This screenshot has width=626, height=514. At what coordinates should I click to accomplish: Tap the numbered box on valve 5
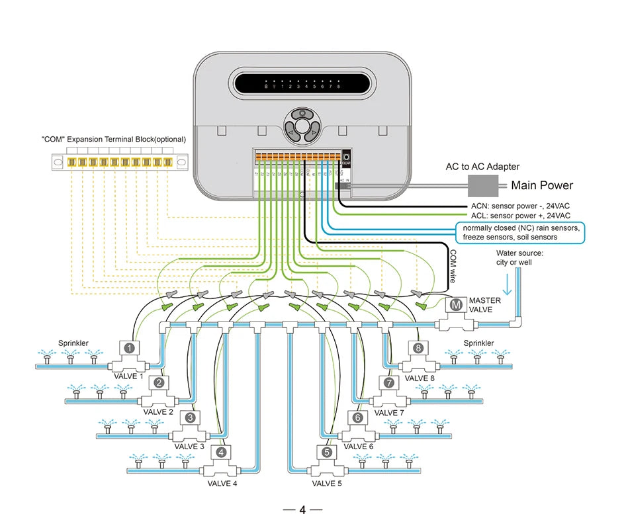[326, 453]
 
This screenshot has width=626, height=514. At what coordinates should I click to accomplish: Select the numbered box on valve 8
[418, 347]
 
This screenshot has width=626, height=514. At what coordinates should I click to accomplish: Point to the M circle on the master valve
[455, 305]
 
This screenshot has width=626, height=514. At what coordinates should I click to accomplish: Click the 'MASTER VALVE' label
[484, 305]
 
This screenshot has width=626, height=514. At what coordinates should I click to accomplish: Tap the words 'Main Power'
[542, 185]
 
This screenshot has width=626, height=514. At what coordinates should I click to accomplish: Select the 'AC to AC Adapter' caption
[482, 167]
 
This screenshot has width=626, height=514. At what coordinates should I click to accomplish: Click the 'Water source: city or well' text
[519, 258]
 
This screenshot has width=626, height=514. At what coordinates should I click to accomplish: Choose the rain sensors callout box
[520, 232]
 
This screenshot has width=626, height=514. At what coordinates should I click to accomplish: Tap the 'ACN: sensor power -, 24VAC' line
[520, 205]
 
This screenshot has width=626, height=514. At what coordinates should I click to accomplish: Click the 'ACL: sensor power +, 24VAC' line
[520, 215]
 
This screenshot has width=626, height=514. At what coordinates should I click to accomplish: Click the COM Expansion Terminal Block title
[114, 140]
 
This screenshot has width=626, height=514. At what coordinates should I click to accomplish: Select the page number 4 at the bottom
[302, 509]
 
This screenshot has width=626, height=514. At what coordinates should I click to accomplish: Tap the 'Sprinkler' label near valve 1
[72, 343]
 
